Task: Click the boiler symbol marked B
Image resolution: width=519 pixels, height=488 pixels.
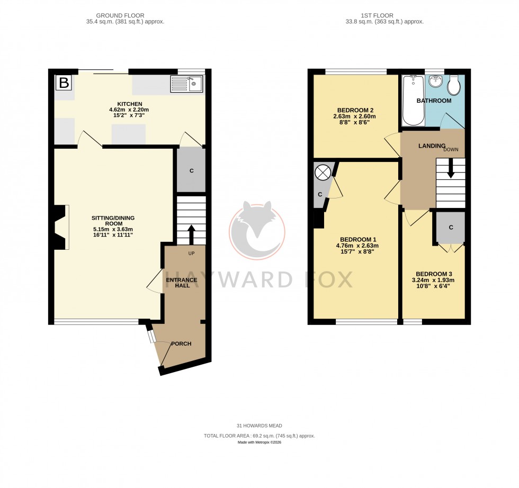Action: click(x=64, y=83)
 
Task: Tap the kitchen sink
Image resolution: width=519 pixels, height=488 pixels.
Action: click(x=186, y=84)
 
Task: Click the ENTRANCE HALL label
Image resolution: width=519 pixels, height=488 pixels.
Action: click(x=182, y=283)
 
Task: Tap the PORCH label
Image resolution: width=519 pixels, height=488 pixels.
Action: click(x=181, y=344)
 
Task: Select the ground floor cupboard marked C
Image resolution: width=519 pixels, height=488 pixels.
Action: click(x=191, y=171)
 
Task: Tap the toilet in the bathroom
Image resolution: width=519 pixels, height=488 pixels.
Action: click(x=454, y=85)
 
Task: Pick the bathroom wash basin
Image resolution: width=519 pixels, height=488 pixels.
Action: click(x=435, y=82)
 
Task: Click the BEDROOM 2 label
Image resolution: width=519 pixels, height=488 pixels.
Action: click(x=354, y=110)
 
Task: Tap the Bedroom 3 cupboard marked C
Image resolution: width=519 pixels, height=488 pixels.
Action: click(x=451, y=228)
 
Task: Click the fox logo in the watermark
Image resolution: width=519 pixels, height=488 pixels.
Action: click(x=257, y=229)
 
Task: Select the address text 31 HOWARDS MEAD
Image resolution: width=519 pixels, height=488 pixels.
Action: click(x=259, y=426)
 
